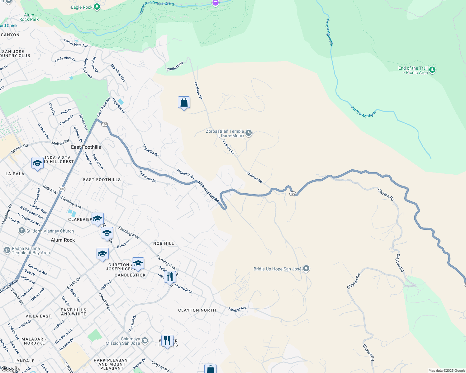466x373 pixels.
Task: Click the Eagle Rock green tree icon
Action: click(x=97, y=7)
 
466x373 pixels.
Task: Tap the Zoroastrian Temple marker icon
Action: click(x=248, y=133)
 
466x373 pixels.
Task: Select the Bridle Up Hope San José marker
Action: click(x=306, y=269)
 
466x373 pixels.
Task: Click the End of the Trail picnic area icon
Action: click(x=432, y=70)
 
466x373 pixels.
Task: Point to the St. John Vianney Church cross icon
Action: click(x=21, y=231)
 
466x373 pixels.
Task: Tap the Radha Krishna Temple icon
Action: click(x=7, y=250)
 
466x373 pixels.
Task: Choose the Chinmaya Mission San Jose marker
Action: click(x=145, y=341)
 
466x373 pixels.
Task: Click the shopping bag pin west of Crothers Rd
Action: click(x=184, y=103)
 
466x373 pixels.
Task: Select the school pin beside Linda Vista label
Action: click(x=37, y=163)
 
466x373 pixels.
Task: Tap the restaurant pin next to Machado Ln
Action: click(x=170, y=277)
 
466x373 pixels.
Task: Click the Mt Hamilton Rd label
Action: click(x=208, y=192)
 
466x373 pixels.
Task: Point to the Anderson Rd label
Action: click(x=148, y=177)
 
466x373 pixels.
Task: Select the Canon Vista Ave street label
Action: click(x=76, y=43)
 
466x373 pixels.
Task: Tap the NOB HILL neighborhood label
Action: click(x=164, y=243)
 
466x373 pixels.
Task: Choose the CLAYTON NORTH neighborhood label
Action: click(x=197, y=310)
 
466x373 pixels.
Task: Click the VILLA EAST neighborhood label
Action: click(x=38, y=316)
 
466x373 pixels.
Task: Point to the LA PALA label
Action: click(x=15, y=174)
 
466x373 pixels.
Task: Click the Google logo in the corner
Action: click(x=10, y=369)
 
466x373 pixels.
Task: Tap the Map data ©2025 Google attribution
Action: click(x=447, y=371)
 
